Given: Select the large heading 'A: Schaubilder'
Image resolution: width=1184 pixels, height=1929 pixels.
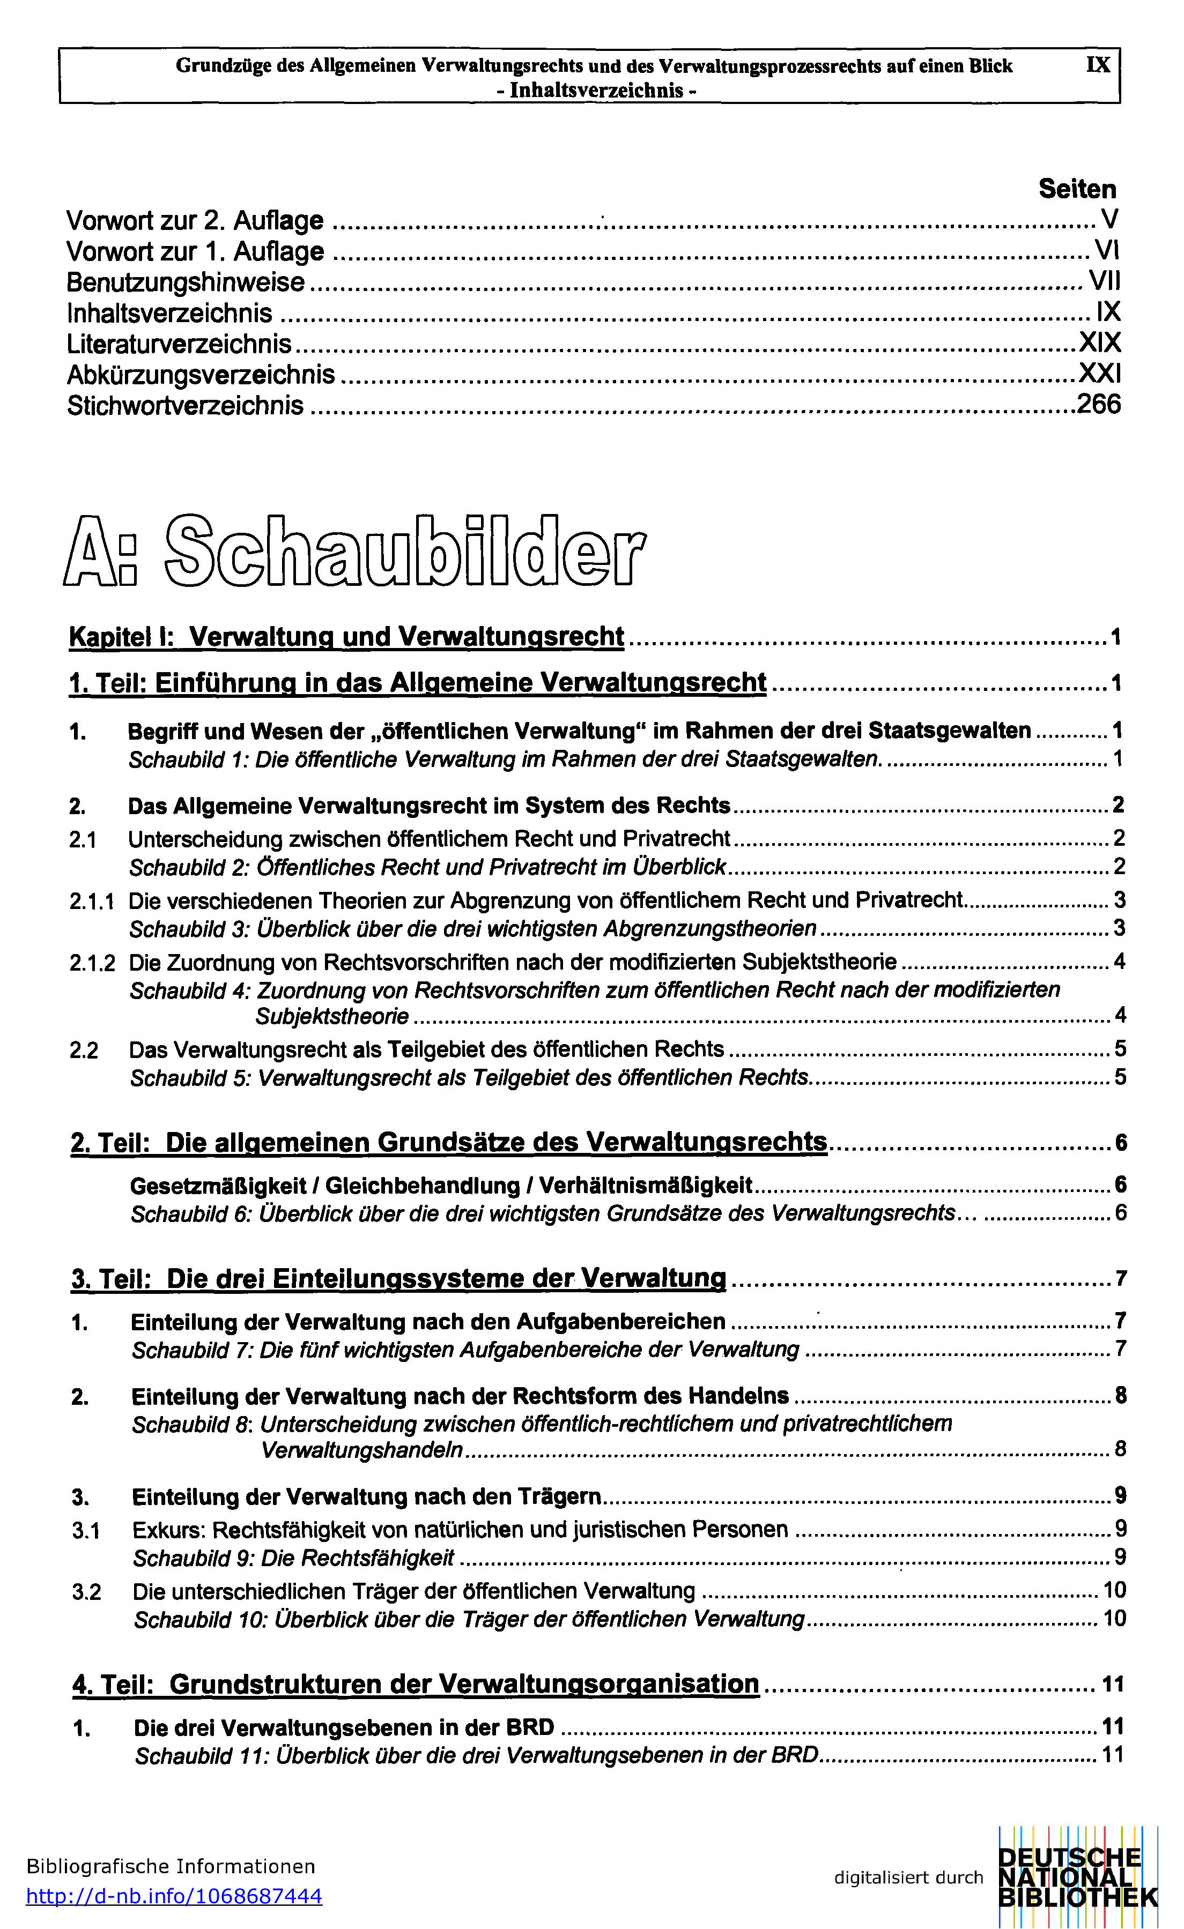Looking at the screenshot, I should click(355, 550).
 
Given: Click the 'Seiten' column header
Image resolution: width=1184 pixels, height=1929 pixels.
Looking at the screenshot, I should click(1077, 189).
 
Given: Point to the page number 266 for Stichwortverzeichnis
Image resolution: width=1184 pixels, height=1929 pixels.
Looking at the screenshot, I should click(1099, 405).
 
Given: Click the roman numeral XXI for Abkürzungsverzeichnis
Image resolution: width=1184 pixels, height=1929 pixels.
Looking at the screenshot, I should click(1099, 374).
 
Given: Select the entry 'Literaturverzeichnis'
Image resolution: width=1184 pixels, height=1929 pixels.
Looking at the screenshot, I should click(179, 344).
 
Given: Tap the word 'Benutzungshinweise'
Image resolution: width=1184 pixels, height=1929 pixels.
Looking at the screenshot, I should click(186, 282).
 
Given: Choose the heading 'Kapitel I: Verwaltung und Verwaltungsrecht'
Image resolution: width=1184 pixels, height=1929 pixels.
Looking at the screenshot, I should click(347, 636).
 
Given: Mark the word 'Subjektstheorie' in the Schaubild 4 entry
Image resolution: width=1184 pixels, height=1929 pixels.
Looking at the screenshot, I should click(332, 1017).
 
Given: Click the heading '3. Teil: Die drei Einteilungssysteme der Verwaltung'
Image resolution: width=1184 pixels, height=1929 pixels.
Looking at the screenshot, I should click(398, 1279).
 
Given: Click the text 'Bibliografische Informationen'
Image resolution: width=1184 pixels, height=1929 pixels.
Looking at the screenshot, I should click(171, 1866).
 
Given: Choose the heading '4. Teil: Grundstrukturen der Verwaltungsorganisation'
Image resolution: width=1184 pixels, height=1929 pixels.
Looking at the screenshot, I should click(416, 1684).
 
